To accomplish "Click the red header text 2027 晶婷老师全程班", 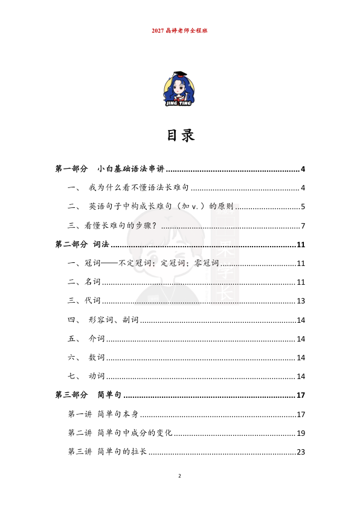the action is tap(180, 30).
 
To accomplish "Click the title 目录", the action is tap(180, 135).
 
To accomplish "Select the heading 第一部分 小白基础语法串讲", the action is tap(110, 169).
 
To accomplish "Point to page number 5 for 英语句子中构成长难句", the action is tap(303, 207).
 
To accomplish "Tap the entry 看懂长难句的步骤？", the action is tap(112, 226).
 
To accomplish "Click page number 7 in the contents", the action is tap(303, 226).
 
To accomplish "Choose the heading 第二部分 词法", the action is tap(82, 245).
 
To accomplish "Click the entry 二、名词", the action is tap(84, 282).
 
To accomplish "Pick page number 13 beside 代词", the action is tap(301, 301).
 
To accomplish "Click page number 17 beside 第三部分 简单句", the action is tap(301, 395).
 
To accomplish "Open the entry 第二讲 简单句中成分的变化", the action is tap(120, 433).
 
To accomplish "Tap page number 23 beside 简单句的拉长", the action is tap(301, 452).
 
